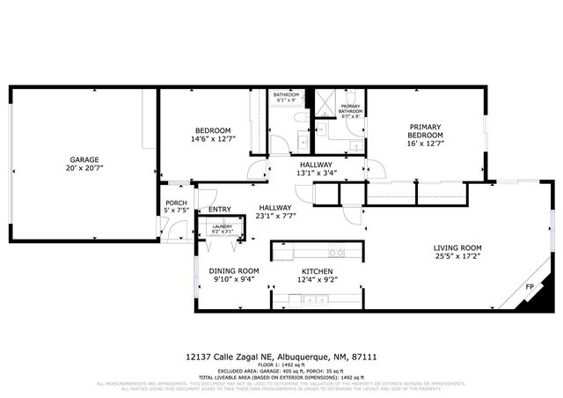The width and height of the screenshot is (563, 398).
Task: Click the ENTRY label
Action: (x=219, y=210)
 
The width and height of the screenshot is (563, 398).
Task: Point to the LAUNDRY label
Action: (x=222, y=226)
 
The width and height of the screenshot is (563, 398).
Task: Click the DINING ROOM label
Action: (x=234, y=270)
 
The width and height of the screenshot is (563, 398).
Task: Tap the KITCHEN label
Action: (x=319, y=270)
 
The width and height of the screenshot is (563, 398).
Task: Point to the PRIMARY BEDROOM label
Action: (x=425, y=131)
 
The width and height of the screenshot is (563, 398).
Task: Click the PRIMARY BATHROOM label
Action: (x=351, y=111)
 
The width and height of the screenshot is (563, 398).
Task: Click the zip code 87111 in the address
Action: (x=367, y=357)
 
